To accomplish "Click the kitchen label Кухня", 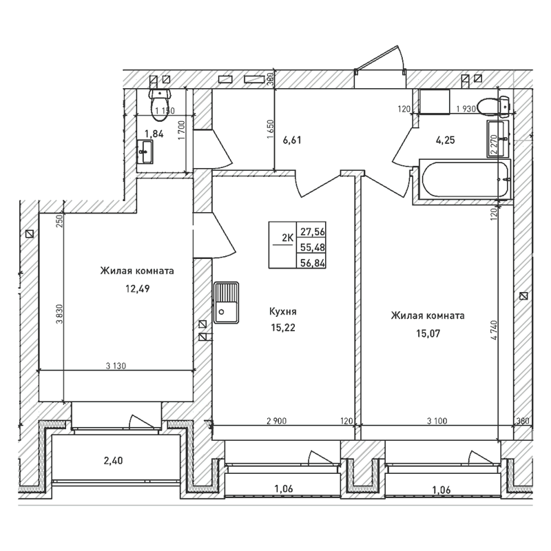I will [282, 312].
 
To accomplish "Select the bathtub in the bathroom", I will [466, 178].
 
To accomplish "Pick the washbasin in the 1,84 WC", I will [146, 152].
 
